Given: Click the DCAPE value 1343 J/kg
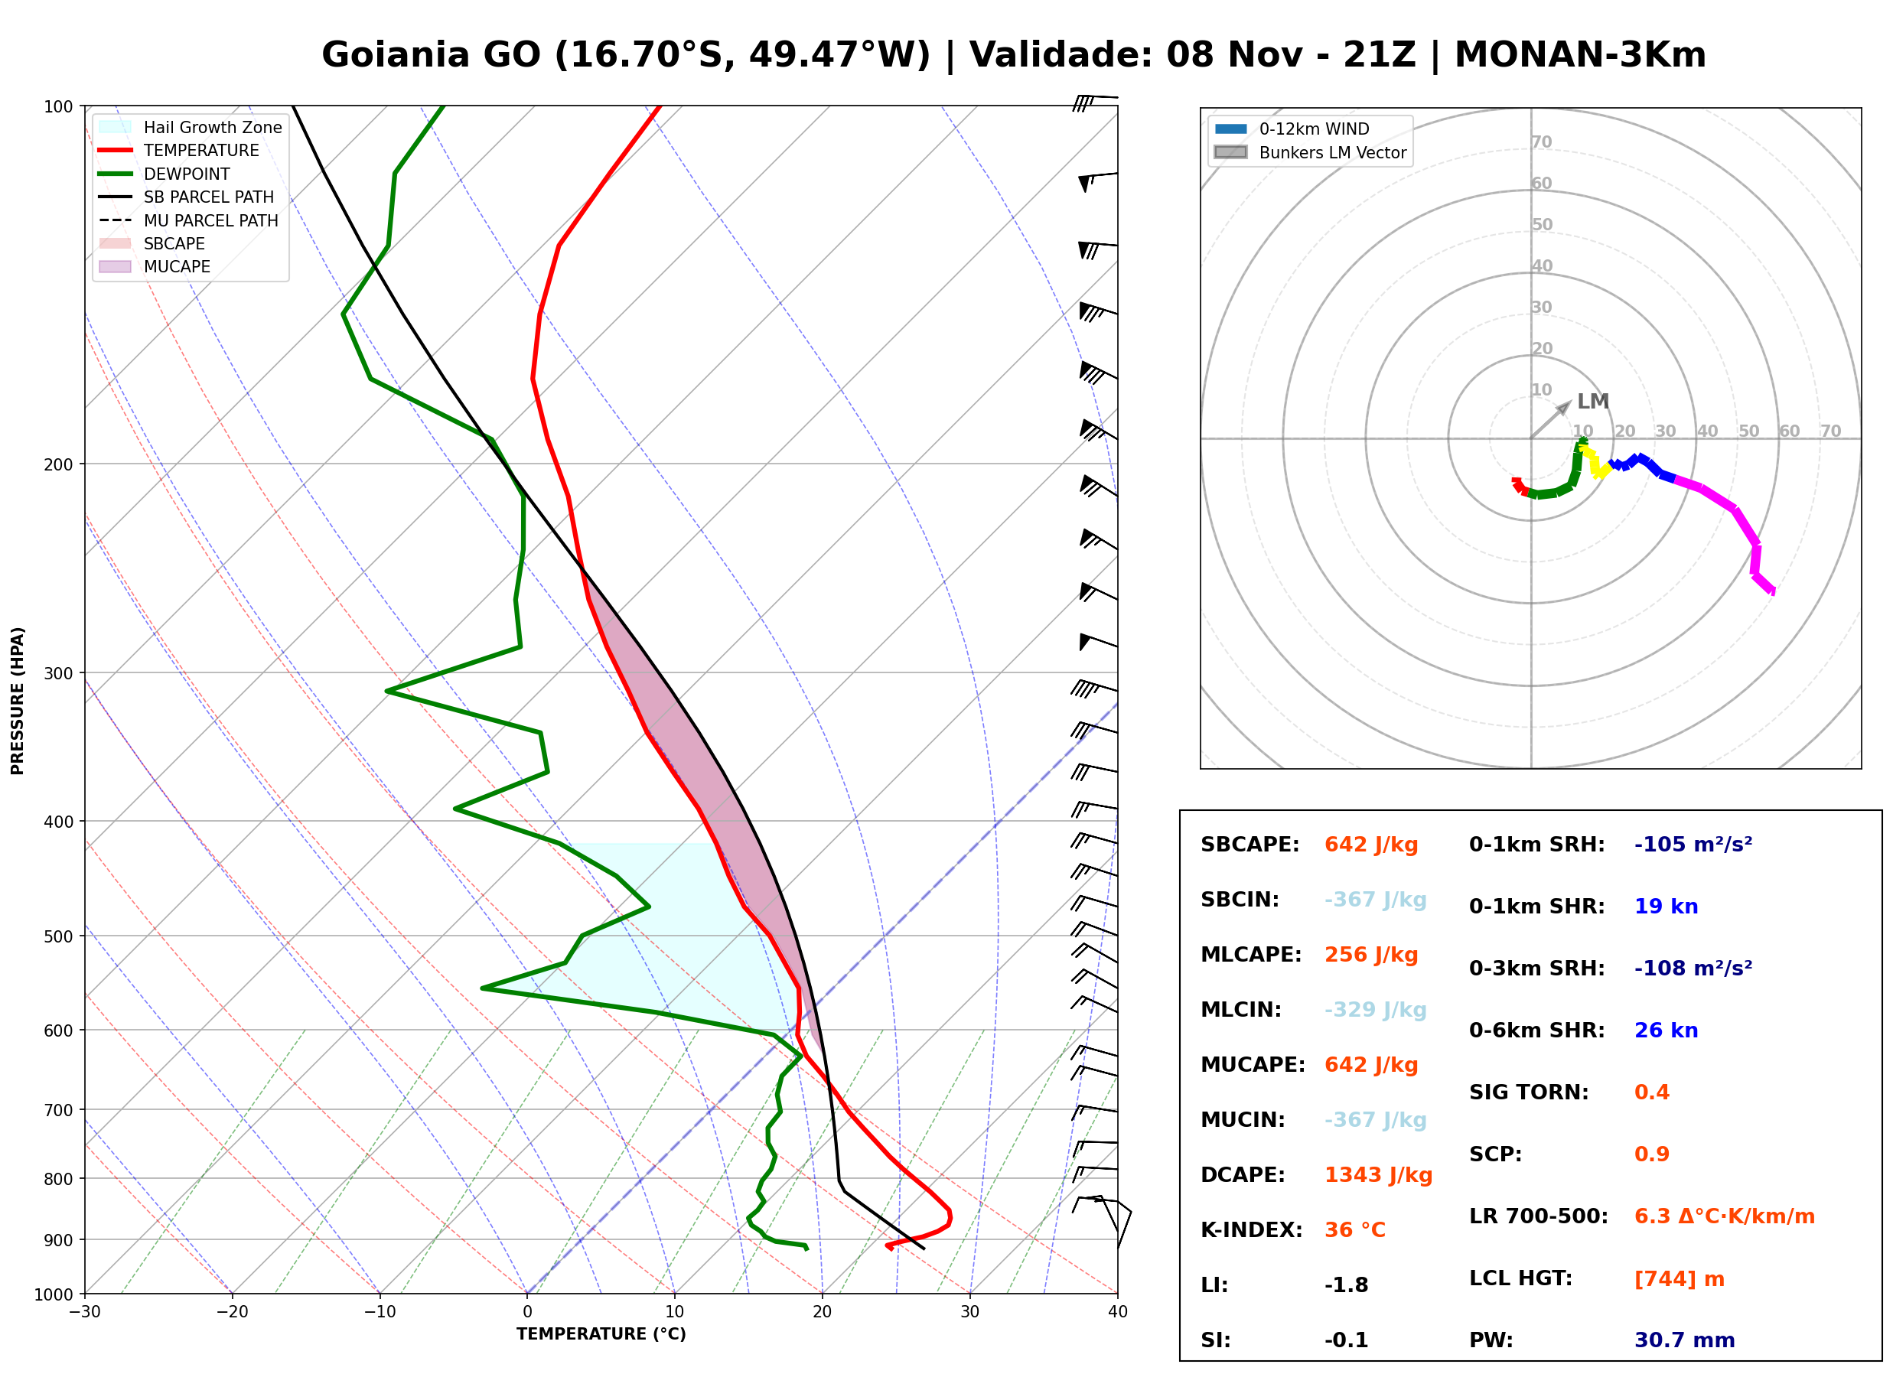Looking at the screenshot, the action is [x=1378, y=1175].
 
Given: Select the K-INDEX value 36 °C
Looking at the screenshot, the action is [x=1355, y=1230].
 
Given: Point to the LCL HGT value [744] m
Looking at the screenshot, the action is [x=1680, y=1279].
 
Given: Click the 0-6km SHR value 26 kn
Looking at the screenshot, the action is [x=1666, y=1030].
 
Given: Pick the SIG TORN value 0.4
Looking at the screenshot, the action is [x=1651, y=1092].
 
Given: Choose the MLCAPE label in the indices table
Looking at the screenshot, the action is [x=1251, y=955].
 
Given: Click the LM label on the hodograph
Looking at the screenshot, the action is [x=1592, y=402].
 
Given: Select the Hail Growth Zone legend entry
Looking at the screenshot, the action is [x=191, y=127].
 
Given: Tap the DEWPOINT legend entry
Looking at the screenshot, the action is [x=165, y=174].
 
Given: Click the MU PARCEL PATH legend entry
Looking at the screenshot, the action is [x=188, y=220].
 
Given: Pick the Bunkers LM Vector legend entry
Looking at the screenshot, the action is [x=1310, y=152].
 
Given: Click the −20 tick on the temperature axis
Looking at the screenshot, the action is [x=232, y=1312].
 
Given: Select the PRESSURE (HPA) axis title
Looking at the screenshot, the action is [x=18, y=700].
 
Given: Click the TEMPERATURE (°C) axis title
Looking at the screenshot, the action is [x=601, y=1334].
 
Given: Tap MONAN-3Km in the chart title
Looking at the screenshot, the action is [x=1580, y=55].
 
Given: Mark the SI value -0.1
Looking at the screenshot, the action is [x=1347, y=1340].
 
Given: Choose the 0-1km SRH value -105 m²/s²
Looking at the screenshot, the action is [x=1693, y=844].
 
